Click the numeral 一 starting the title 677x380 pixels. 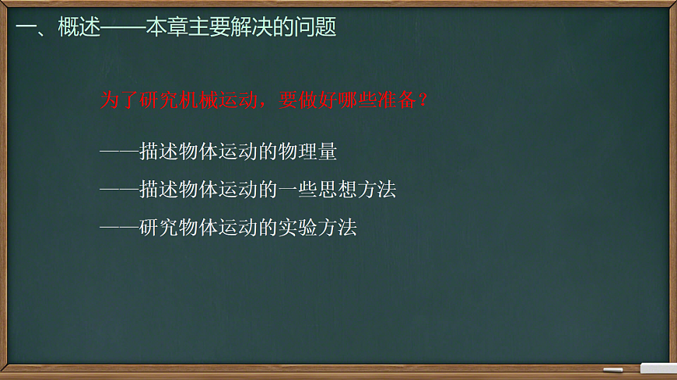coord(25,28)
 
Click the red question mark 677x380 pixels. coord(423,101)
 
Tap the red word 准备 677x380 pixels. coord(397,101)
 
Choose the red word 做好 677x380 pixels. coord(319,101)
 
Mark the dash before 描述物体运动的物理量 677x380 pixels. coord(119,152)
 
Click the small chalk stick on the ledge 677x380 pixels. coord(613,369)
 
